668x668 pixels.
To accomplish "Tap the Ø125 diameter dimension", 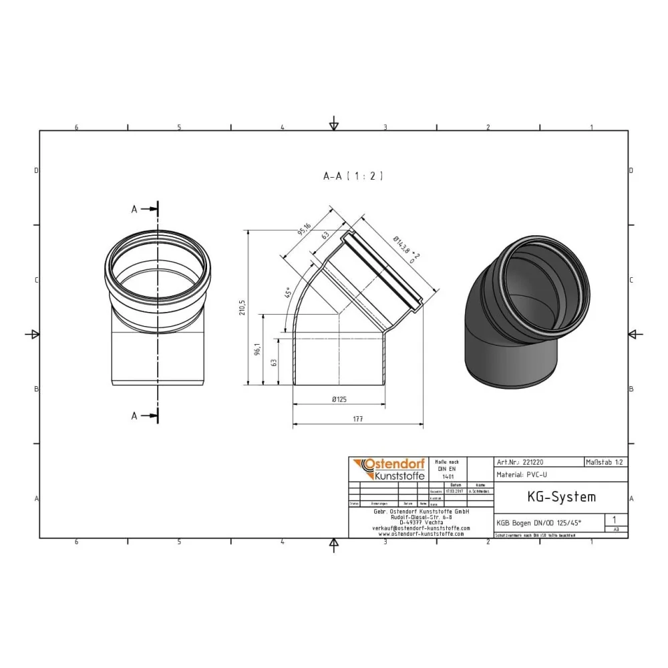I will pyautogui.click(x=339, y=399).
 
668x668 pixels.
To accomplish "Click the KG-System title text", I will pyautogui.click(x=552, y=497).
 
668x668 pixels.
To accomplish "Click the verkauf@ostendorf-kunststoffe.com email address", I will pyautogui.click(x=420, y=528).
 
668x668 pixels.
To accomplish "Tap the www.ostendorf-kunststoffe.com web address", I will pyautogui.click(x=420, y=534).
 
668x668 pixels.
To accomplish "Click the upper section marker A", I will pyautogui.click(x=134, y=209).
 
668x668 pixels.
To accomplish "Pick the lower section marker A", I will pyautogui.click(x=134, y=415).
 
